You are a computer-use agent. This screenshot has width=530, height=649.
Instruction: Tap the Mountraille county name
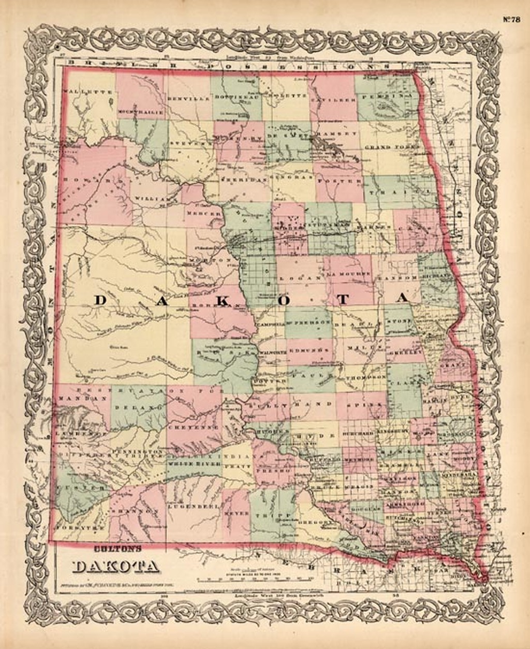[x=141, y=112]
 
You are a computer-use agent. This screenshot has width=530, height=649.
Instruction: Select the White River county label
[x=193, y=464]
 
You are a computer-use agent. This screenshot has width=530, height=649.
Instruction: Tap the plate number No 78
[x=512, y=20]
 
